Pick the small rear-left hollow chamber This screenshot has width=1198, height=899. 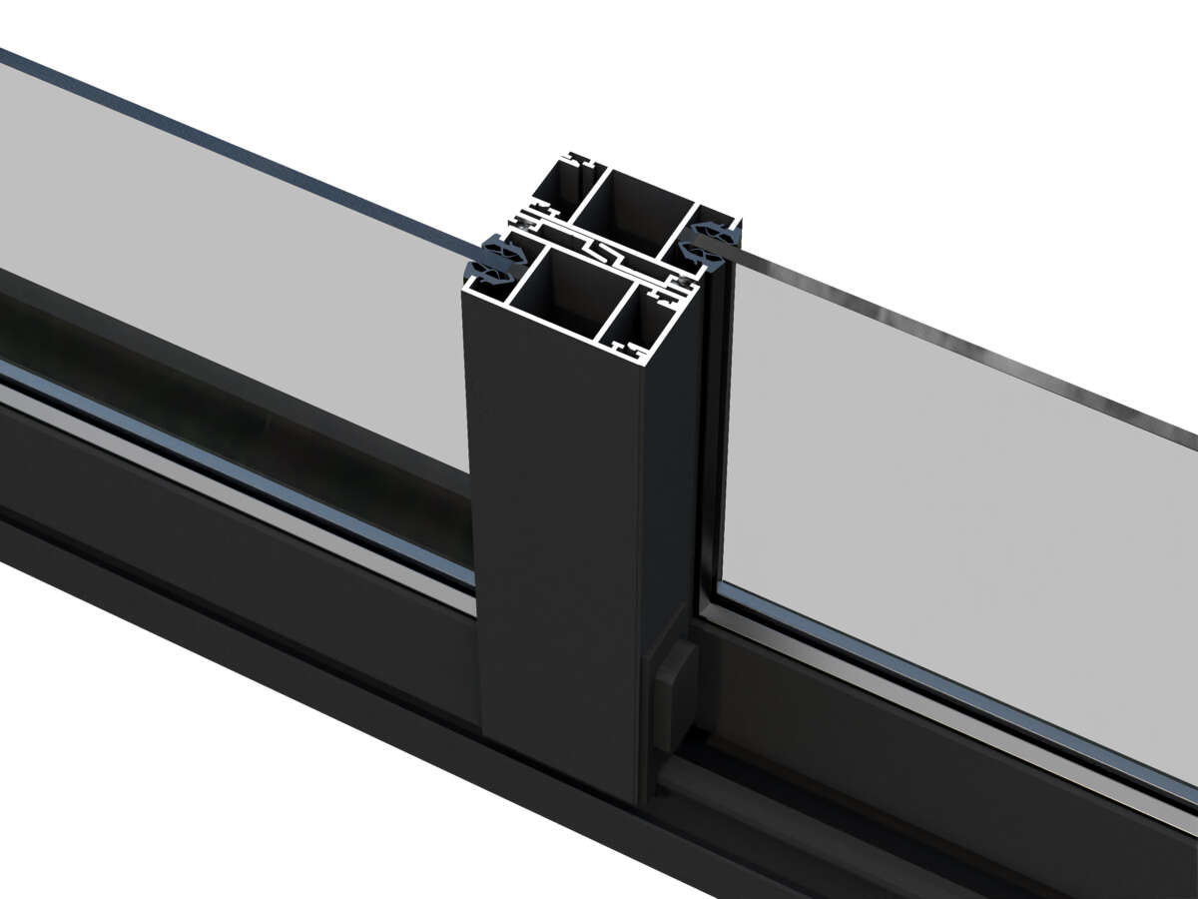point(555,190)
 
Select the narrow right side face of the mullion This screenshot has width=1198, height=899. point(669,479)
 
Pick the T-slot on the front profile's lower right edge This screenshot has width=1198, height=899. point(630,352)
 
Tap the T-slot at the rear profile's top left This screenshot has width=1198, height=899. point(576,160)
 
